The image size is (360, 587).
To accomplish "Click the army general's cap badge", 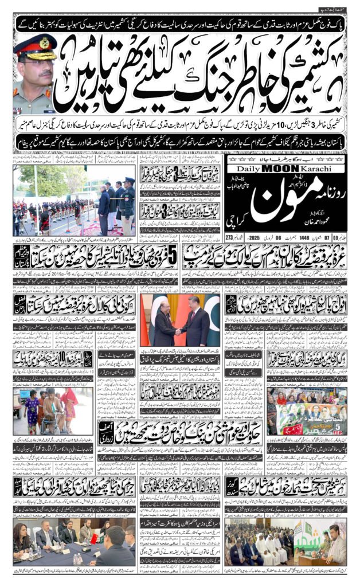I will coord(44,43).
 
